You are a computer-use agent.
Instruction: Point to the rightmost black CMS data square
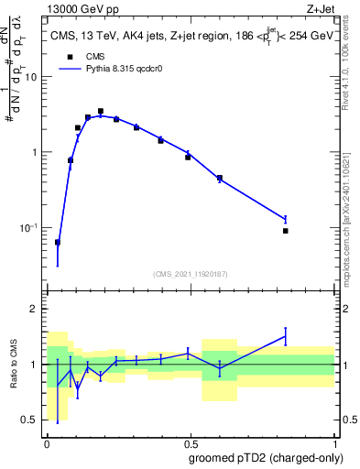pos(286,231)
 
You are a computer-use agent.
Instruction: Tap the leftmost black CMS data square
pos(58,243)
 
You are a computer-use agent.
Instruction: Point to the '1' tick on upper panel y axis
pos(35,152)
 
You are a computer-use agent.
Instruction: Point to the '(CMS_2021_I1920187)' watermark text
pos(191,273)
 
